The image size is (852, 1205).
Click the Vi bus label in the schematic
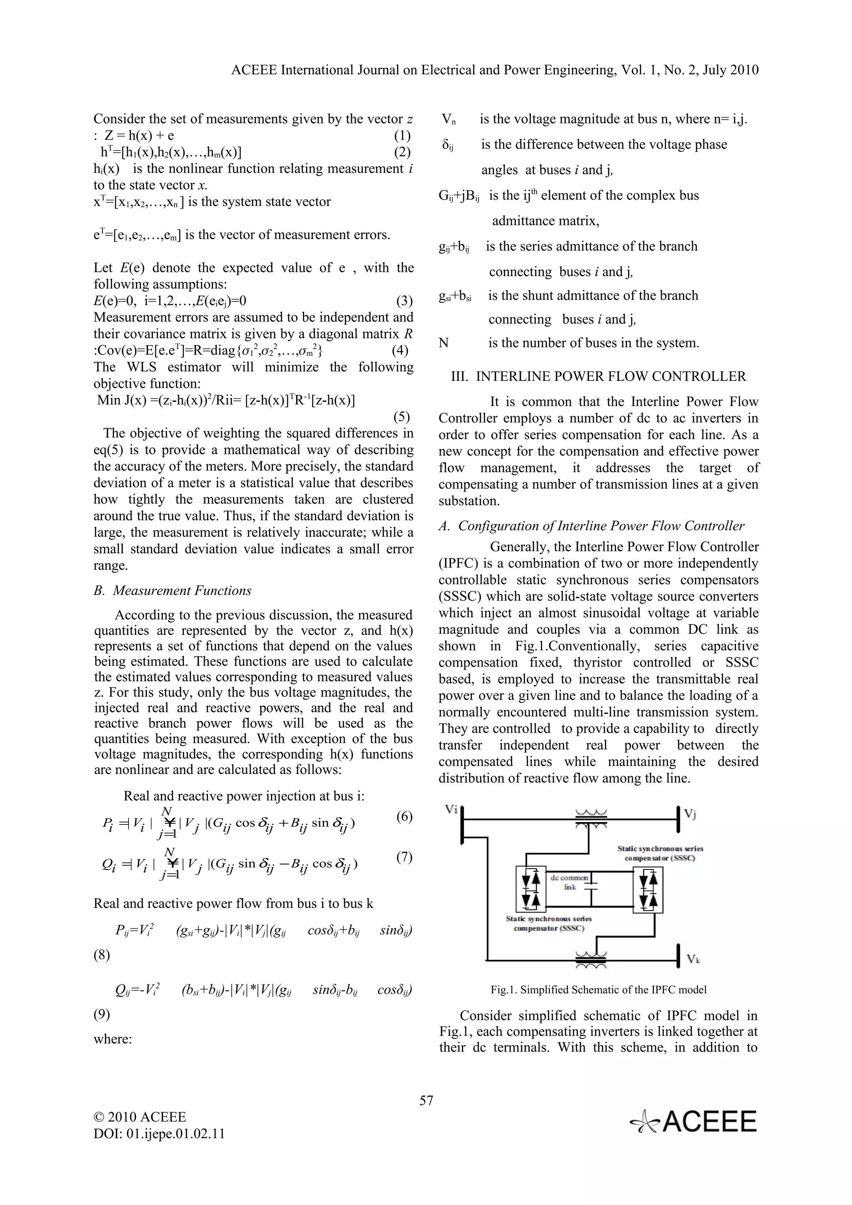coord(451,809)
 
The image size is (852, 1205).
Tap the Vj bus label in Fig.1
coord(689,815)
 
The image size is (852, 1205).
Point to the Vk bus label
coord(693,959)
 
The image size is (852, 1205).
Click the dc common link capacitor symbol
coord(592,886)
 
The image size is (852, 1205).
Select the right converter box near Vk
coord(647,890)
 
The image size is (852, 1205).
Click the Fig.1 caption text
coord(599,990)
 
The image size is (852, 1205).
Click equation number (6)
coord(404,817)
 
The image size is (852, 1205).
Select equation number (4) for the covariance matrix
coord(400,351)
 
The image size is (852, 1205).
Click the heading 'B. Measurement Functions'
coord(172,590)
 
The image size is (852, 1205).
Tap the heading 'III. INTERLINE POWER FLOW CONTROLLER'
coord(599,376)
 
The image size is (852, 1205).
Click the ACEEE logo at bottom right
coord(694,1121)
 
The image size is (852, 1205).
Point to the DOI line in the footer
coord(159,1133)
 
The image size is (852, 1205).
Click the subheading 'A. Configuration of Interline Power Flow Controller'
coord(591,526)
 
